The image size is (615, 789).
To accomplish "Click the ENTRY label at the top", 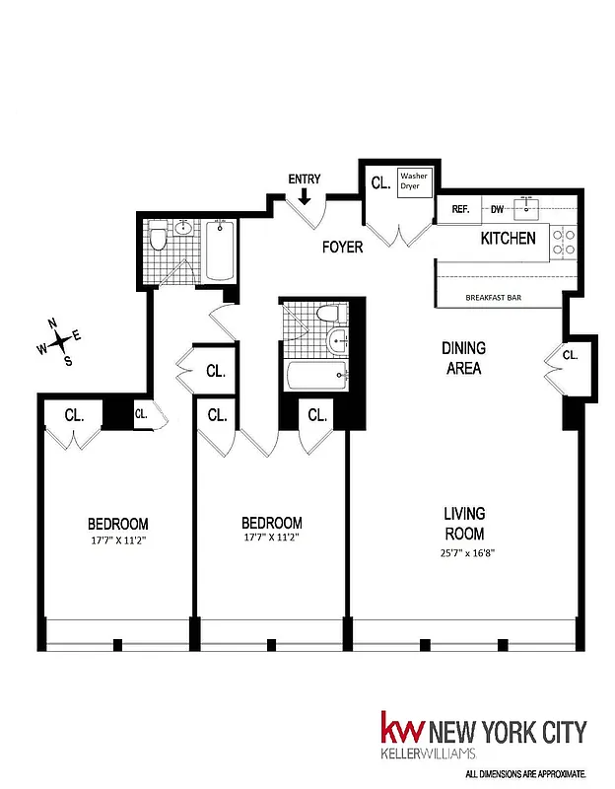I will (x=305, y=179).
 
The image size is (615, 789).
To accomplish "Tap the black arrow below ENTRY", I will (x=305, y=196).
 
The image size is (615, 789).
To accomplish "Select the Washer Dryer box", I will (x=414, y=184).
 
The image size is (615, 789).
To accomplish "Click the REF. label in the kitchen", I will (x=460, y=209).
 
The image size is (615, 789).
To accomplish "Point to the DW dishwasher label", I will (x=498, y=209).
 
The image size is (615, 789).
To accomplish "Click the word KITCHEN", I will (x=508, y=238).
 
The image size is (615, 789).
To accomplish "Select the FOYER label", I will (x=342, y=248).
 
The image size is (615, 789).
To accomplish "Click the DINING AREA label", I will (x=462, y=358).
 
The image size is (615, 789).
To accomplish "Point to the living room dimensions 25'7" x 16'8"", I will (x=463, y=553).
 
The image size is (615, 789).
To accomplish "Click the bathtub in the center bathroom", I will (x=315, y=376).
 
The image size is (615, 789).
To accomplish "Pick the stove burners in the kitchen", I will (x=563, y=243).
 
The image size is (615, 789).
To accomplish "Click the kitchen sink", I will (x=529, y=208).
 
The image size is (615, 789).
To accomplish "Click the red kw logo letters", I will (x=402, y=732).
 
